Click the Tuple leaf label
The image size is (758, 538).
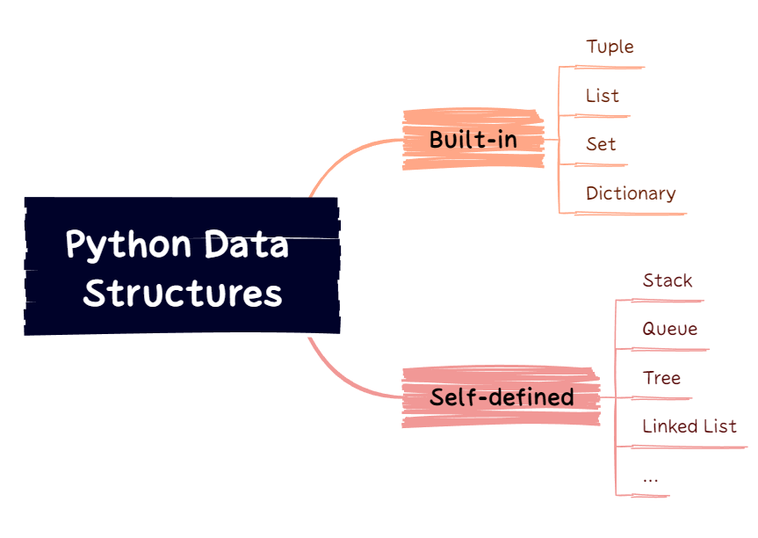click(610, 47)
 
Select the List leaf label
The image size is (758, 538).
click(603, 96)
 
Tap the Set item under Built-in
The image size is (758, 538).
click(601, 144)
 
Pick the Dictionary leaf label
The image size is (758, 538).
click(631, 193)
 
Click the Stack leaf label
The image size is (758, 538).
click(668, 280)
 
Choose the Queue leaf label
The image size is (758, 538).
click(669, 329)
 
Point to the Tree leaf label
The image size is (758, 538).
click(661, 378)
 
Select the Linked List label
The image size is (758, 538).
click(689, 426)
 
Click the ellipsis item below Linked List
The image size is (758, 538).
click(650, 478)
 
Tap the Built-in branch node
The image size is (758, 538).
click(473, 140)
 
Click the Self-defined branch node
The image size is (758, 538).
click(501, 397)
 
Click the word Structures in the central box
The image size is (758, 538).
click(183, 294)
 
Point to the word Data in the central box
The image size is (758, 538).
click(246, 244)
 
